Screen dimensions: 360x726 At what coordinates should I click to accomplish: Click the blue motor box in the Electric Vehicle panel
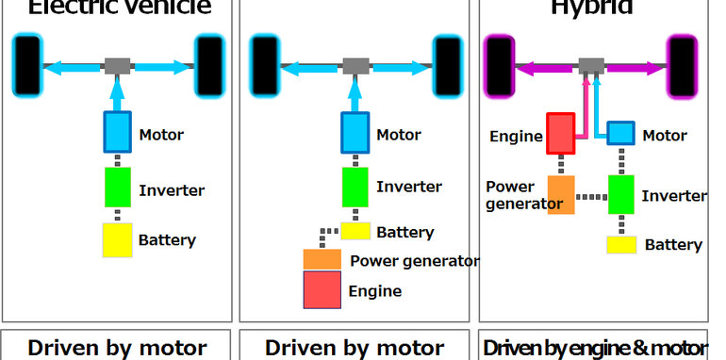118,132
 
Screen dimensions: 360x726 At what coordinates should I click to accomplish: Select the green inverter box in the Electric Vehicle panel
118,187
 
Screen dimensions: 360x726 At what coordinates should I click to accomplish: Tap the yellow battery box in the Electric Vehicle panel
118,239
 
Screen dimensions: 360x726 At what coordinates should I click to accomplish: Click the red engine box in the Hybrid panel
560,134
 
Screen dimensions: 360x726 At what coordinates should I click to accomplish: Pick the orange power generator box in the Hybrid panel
560,194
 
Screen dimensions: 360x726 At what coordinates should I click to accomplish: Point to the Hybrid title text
593,8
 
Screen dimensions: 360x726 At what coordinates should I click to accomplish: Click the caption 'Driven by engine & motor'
594,347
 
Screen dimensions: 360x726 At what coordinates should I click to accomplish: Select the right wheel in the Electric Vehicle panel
208,65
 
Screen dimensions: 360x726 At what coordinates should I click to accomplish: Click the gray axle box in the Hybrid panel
592,66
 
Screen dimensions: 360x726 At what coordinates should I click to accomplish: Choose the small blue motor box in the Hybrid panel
619,133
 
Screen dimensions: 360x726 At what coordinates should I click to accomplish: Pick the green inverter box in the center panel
355,186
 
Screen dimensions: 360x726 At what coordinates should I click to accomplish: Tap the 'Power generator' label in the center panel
414,261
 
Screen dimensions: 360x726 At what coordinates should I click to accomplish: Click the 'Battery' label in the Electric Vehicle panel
167,240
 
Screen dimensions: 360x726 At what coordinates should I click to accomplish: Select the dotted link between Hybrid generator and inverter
590,197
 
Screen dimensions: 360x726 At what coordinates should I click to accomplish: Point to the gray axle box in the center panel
355,66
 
